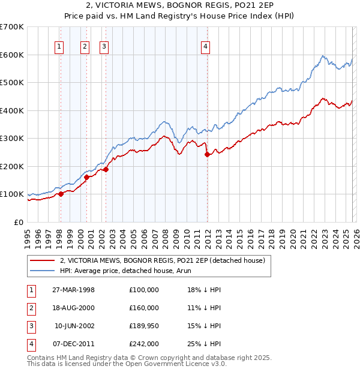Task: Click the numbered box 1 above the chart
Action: (60, 46)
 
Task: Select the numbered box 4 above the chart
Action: (205, 46)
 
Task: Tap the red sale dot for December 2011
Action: (207, 154)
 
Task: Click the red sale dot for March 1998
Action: (61, 194)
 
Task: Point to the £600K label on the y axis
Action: (12, 55)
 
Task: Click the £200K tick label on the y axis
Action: (12, 166)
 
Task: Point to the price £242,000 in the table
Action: (144, 344)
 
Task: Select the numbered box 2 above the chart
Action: (85, 46)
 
